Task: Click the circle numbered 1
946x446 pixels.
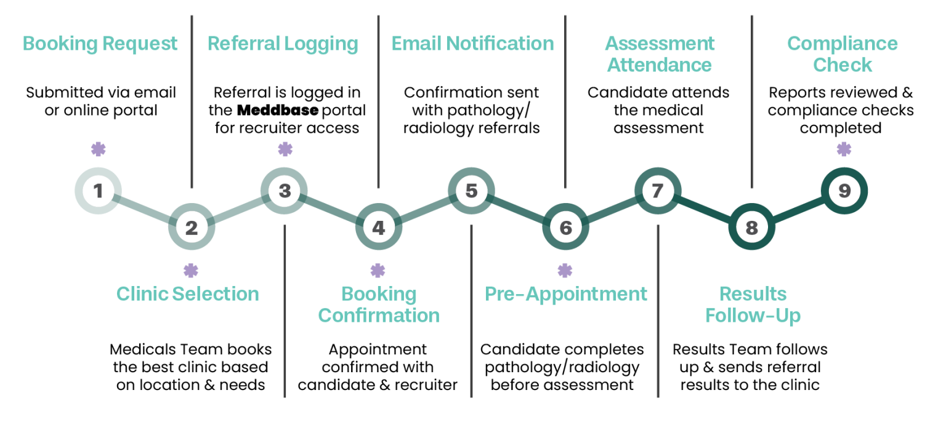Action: coord(98,191)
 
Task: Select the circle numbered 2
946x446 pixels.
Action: coord(192,228)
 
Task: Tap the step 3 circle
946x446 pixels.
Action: coord(285,191)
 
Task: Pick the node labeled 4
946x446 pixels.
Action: coord(378,228)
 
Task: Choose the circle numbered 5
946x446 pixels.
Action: coord(471,191)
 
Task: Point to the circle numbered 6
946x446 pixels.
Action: coord(565,228)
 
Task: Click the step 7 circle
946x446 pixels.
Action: coord(658,191)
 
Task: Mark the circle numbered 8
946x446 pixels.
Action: coord(751,228)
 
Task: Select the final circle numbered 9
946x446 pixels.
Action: coord(844,191)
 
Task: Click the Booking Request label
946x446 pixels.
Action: coord(100,44)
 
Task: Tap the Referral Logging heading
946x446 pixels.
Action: coord(283,44)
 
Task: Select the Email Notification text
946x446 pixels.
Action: coord(472,44)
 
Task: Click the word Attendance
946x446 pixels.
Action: coord(660,65)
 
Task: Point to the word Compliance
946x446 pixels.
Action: coord(843,44)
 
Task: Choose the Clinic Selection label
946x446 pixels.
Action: coord(188,294)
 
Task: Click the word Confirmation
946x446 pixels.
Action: coord(379,316)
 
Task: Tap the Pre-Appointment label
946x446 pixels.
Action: coord(566,294)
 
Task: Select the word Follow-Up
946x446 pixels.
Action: coord(753,316)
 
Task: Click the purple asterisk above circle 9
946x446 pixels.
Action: coord(844,149)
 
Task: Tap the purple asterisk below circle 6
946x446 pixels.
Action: coord(565,271)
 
